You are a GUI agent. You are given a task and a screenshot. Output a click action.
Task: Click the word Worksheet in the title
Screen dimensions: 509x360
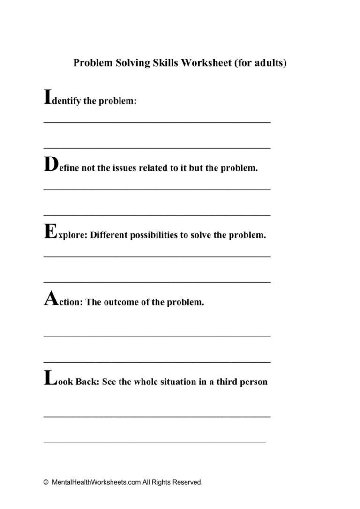tap(207, 63)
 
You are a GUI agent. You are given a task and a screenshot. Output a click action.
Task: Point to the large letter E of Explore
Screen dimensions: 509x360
tap(49, 231)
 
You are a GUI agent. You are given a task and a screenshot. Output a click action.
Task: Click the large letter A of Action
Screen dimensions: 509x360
tap(50, 299)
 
